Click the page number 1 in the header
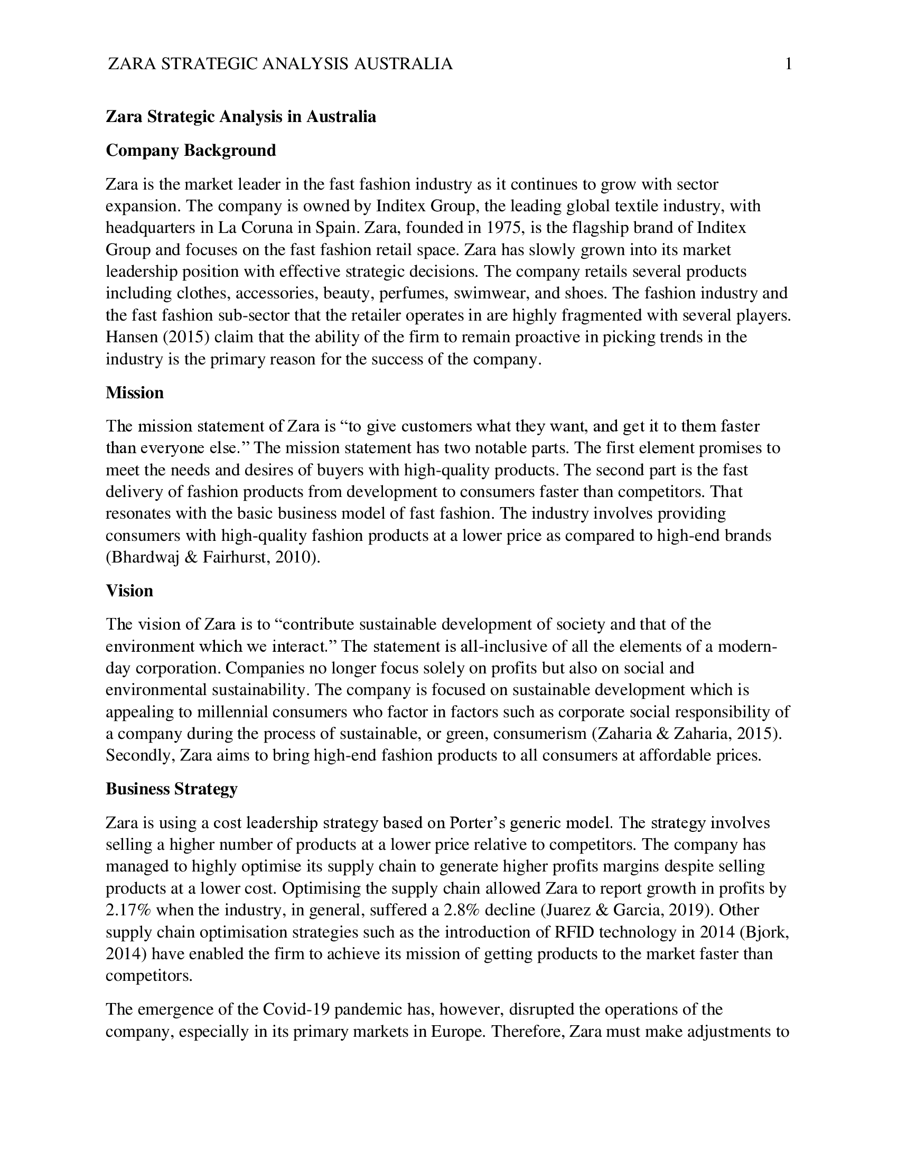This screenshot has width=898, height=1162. click(x=789, y=64)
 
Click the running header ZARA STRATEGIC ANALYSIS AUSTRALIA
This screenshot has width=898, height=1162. click(x=280, y=64)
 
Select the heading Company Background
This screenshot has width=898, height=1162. click(x=191, y=151)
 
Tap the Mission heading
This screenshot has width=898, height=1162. click(x=135, y=392)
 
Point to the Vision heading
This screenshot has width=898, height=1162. click(x=129, y=591)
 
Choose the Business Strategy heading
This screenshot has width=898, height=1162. click(x=171, y=789)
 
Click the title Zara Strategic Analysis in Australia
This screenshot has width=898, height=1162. click(x=240, y=117)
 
